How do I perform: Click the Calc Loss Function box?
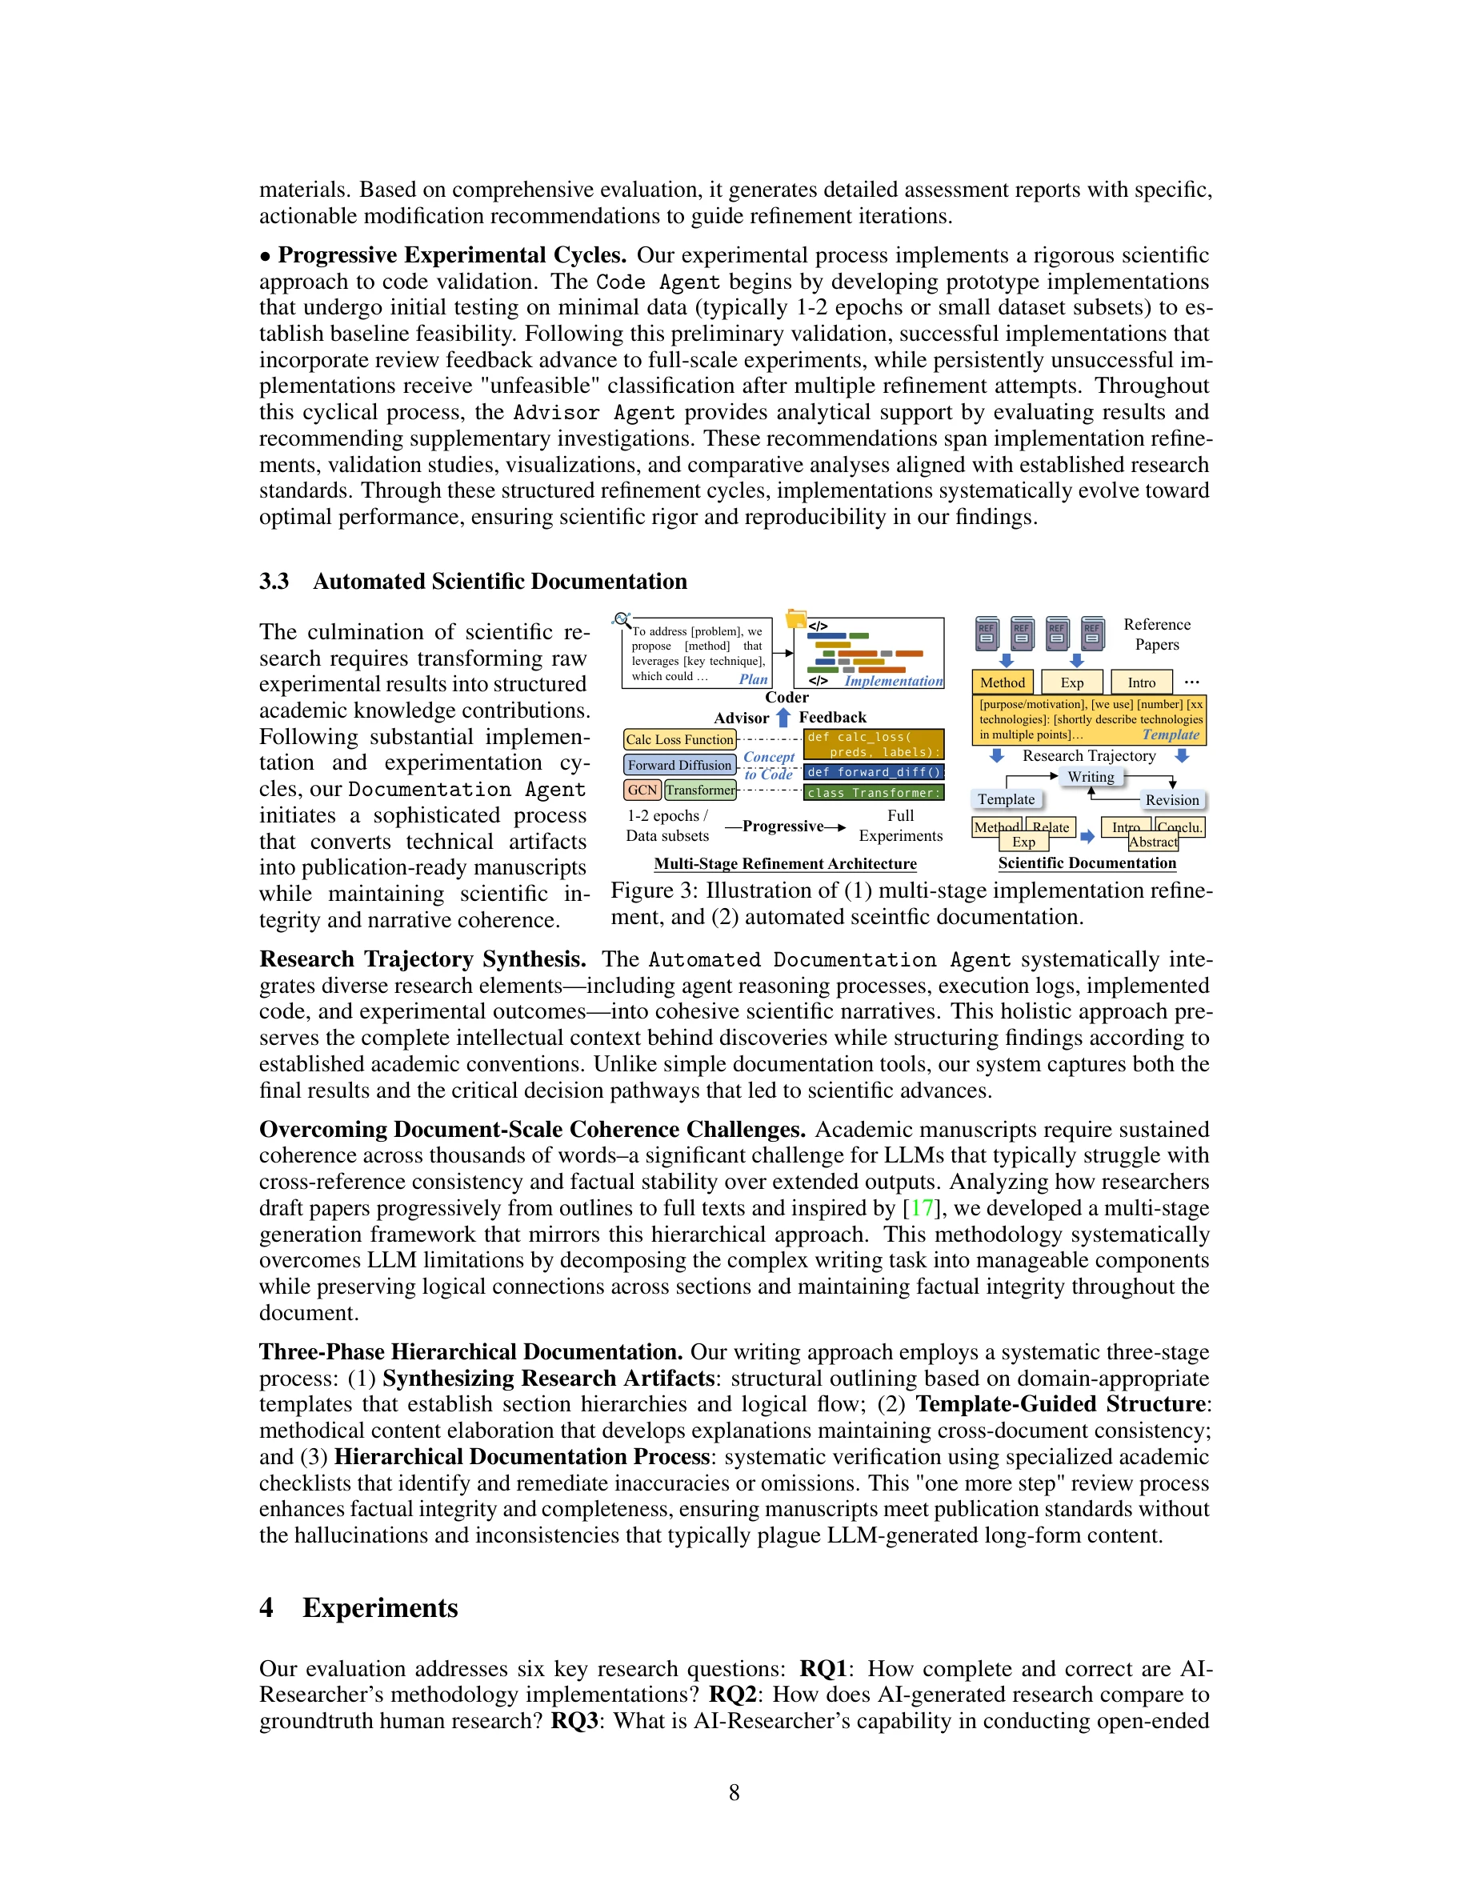[x=679, y=739]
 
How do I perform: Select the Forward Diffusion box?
[x=679, y=765]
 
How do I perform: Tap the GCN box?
[x=642, y=790]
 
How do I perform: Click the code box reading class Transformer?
[x=874, y=793]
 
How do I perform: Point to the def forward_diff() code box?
[x=874, y=772]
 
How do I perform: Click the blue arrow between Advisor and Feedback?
[x=783, y=717]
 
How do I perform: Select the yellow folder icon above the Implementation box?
[x=795, y=619]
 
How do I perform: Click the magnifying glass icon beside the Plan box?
[x=622, y=620]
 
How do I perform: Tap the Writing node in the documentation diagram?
[x=1091, y=776]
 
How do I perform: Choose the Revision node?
[x=1171, y=800]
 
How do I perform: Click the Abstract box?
[x=1153, y=842]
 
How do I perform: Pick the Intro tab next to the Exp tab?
[x=1141, y=682]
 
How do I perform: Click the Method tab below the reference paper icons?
[x=1003, y=682]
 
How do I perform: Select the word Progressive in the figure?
[x=783, y=826]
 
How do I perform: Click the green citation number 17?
[x=922, y=1208]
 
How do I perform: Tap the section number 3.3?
[x=274, y=582]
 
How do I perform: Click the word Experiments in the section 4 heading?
[x=380, y=1607]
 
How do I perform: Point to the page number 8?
[x=734, y=1792]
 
